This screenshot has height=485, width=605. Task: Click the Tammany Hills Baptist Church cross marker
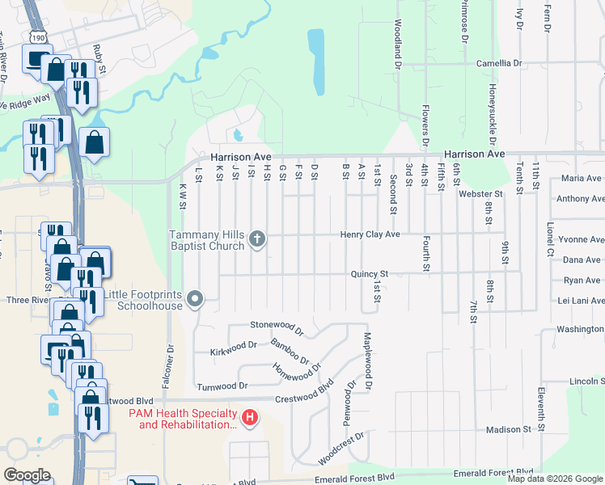[x=257, y=238]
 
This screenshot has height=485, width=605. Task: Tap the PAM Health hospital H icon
[x=251, y=418]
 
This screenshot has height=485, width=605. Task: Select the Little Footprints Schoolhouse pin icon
[x=195, y=300]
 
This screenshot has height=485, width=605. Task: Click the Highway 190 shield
[x=40, y=36]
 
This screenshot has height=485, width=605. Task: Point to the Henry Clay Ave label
[x=370, y=234]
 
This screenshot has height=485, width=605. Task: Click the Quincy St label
[x=370, y=274]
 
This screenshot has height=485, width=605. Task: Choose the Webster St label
[x=480, y=194]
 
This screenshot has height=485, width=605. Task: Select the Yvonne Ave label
[x=582, y=240]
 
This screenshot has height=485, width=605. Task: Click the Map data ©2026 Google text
[x=554, y=479]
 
